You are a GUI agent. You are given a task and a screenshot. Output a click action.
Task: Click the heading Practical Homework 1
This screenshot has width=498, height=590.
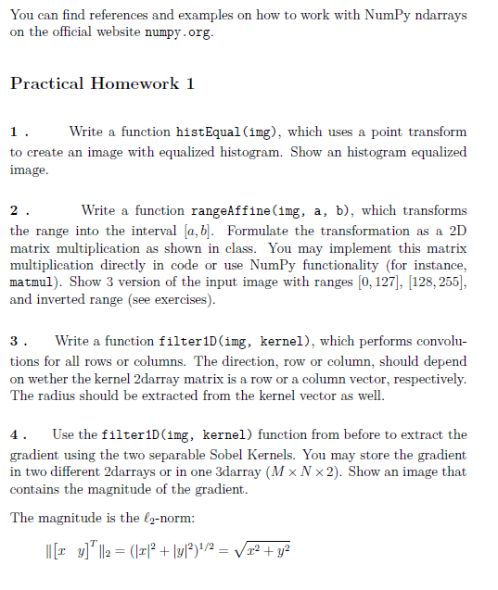[102, 83]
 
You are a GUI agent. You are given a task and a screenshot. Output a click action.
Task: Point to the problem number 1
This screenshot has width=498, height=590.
[17, 132]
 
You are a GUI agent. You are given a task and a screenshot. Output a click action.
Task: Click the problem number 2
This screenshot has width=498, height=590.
[17, 211]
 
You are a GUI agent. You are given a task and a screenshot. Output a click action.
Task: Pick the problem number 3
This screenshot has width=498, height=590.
[17, 343]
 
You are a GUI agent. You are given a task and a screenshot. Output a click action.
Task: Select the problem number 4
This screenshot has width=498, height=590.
[17, 434]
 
